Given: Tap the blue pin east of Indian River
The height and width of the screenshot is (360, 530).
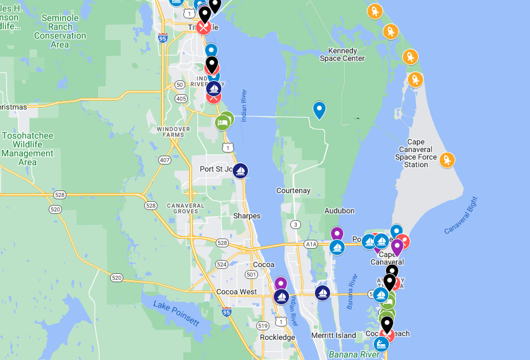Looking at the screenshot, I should (320, 110).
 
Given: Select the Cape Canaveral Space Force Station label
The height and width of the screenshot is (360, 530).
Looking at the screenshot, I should (416, 153).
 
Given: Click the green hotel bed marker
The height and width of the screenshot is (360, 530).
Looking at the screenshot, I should (223, 120).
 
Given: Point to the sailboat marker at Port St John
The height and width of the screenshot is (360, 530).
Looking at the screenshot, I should (240, 171).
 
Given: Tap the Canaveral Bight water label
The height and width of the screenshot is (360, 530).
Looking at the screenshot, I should (462, 215).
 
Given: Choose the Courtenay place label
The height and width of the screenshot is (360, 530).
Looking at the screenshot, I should (293, 190).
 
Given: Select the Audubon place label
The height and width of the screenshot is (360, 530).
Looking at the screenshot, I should (340, 211).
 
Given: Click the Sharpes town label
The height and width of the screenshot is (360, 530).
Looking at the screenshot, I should (247, 216).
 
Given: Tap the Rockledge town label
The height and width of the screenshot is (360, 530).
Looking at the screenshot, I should (277, 337).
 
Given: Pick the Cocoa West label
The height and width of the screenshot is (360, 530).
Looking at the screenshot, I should (237, 292).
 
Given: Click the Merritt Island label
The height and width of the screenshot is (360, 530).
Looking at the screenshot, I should (334, 335).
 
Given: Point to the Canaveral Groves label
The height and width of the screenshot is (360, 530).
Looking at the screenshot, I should (186, 209).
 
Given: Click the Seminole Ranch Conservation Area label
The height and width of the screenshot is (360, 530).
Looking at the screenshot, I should (60, 32).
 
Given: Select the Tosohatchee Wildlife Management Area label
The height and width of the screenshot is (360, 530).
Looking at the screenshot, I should (28, 149).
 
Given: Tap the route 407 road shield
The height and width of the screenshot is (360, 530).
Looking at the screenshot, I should (164, 160).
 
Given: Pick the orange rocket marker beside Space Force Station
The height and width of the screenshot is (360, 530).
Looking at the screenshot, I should (447, 160).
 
